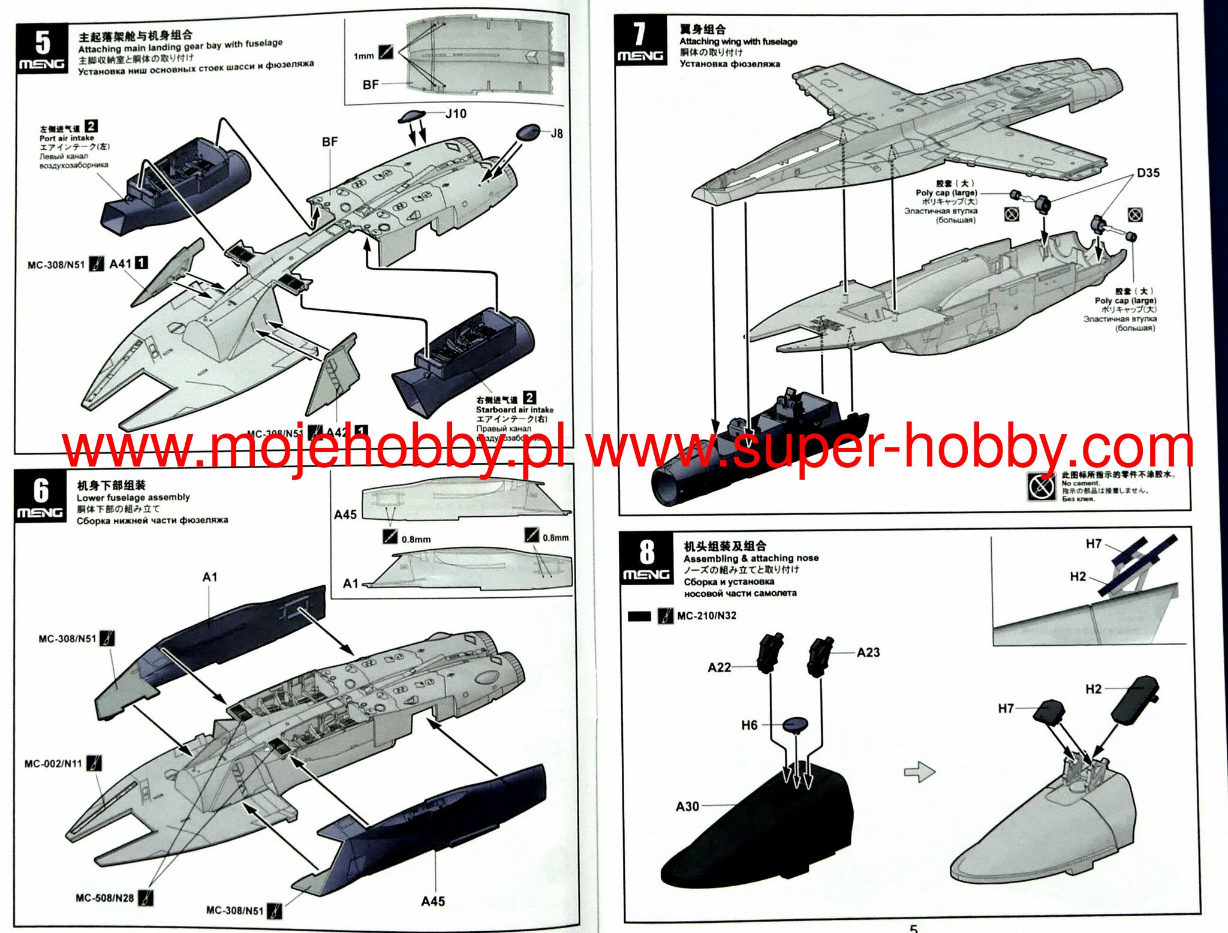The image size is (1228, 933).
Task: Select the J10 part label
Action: tap(456, 114)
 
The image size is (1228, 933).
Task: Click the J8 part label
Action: tap(556, 133)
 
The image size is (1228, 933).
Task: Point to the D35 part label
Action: tap(1148, 173)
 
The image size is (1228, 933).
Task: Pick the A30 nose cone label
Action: tap(687, 806)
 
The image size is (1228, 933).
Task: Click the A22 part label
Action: tap(719, 667)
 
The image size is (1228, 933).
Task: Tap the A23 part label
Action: tap(868, 652)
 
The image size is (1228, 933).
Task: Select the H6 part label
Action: tap(750, 725)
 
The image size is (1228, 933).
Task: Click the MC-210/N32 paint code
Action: tap(706, 616)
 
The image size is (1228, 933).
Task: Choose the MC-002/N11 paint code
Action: tap(53, 764)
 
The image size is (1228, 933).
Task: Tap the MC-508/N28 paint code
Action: tap(104, 898)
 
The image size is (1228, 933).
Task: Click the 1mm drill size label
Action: tap(363, 56)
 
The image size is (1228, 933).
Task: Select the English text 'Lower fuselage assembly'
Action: tap(133, 497)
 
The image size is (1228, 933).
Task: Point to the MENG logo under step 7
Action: tap(640, 56)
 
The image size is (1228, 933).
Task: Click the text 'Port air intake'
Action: tap(67, 138)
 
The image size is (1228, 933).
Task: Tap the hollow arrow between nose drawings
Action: tap(919, 772)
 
